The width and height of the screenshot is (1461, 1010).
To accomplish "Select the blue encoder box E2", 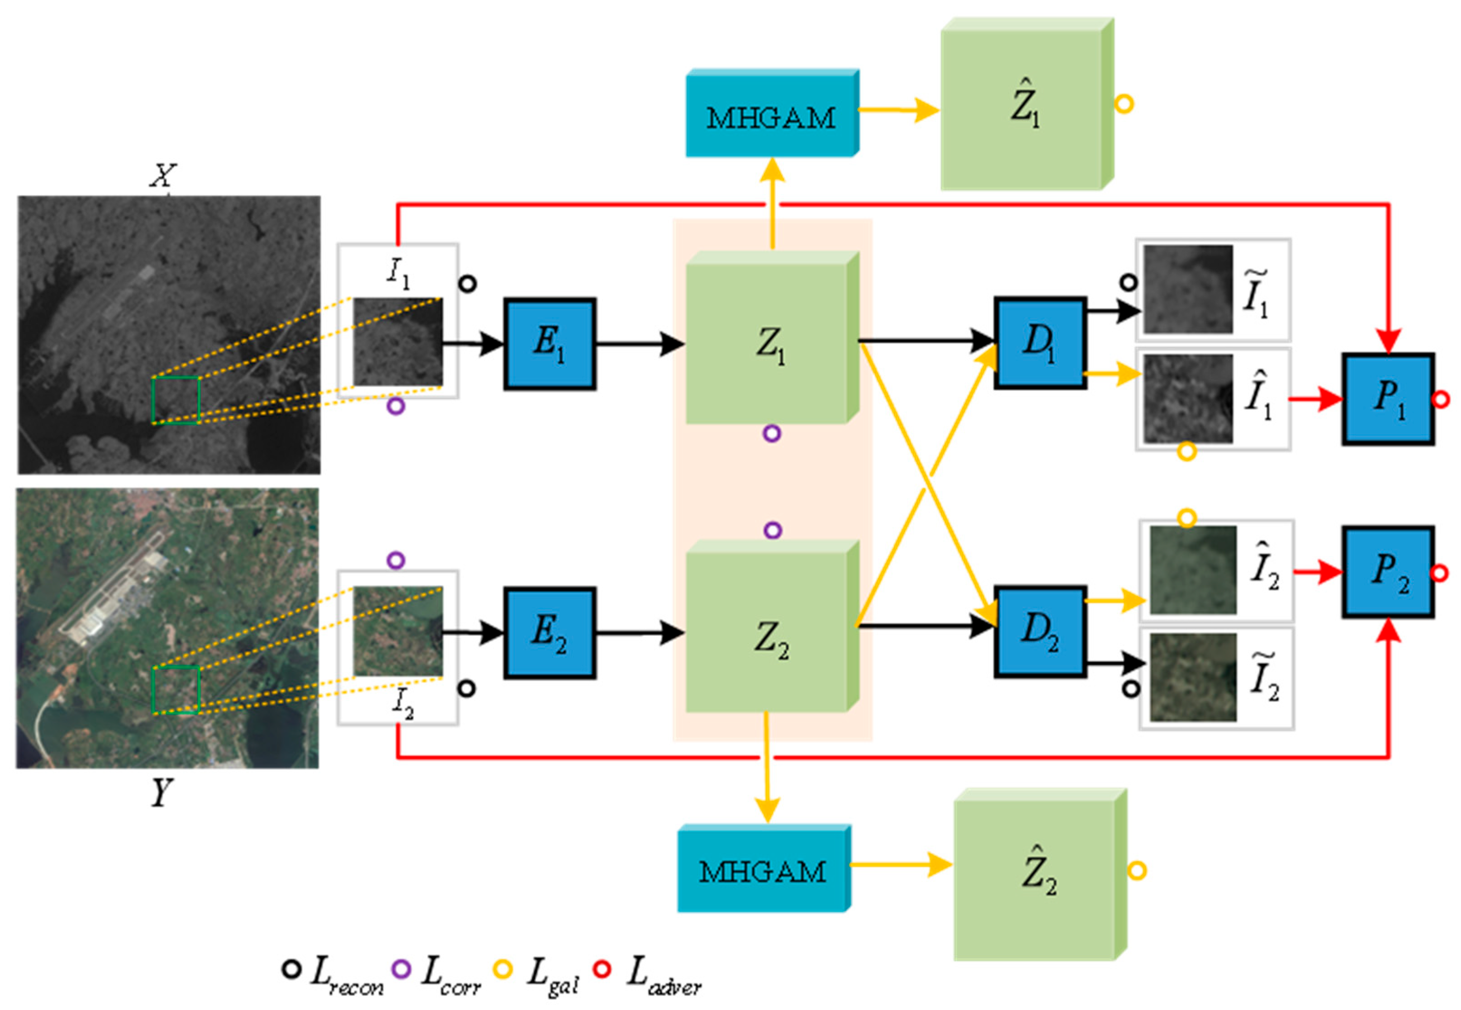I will (x=549, y=632).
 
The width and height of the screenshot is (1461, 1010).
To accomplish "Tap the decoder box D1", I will (x=1039, y=342).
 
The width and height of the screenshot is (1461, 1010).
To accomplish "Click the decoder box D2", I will (x=1039, y=631).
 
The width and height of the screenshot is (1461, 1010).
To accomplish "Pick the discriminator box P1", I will (x=1388, y=398).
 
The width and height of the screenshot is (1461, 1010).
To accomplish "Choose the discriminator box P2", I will (x=1388, y=571).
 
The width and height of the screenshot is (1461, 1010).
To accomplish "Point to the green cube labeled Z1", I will (x=769, y=344).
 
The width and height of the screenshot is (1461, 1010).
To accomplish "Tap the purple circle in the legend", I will (x=401, y=969).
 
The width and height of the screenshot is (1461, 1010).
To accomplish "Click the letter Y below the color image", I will (x=161, y=792).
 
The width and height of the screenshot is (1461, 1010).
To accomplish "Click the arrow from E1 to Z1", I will (x=639, y=344).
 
